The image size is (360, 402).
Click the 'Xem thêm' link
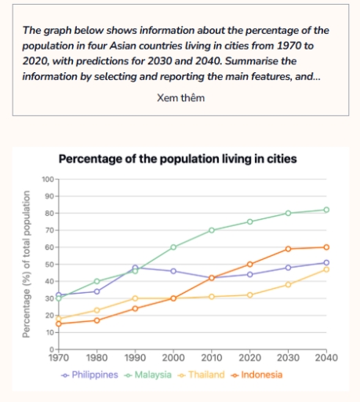coord(180,97)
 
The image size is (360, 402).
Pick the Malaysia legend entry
coord(148,375)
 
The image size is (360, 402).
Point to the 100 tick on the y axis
coord(46,180)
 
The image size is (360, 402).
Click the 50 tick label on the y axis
coord(49,265)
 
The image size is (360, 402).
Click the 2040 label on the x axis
coord(326,357)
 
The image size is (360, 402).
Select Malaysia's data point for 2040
coord(326,210)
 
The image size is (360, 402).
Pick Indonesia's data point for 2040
coord(326,247)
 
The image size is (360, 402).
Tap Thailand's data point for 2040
coord(326,269)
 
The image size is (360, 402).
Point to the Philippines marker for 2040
coord(326,262)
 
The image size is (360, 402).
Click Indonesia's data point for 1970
coord(58,323)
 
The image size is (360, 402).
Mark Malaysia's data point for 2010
coord(212,230)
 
